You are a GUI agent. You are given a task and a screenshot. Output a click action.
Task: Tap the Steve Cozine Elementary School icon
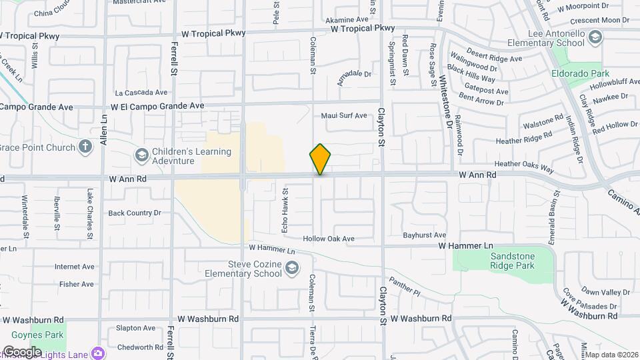(291, 269)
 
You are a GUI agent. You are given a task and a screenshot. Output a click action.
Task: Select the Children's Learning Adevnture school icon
(141, 156)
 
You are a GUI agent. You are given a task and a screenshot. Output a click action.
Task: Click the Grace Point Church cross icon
(85, 147)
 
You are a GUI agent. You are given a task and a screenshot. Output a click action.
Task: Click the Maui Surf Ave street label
(344, 115)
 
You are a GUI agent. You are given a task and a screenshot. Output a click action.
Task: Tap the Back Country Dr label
(135, 213)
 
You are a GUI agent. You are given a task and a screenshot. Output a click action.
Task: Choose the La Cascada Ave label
(140, 93)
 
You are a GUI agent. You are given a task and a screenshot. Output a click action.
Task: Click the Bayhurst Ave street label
(424, 235)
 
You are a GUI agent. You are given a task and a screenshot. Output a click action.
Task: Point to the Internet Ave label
(75, 267)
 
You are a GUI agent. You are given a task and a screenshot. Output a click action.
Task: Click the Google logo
(23, 351)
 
